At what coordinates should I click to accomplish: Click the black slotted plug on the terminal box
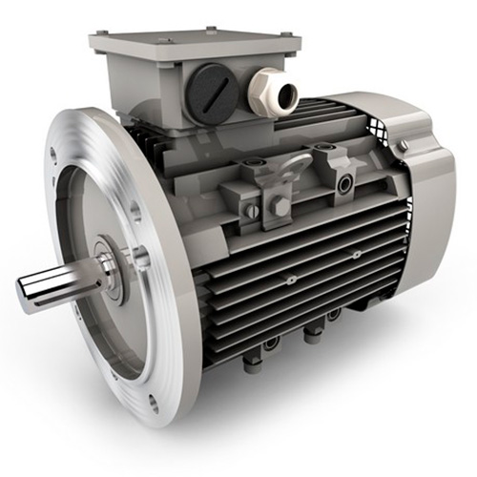[x=211, y=93]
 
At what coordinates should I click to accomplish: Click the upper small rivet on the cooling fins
[x=355, y=255]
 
